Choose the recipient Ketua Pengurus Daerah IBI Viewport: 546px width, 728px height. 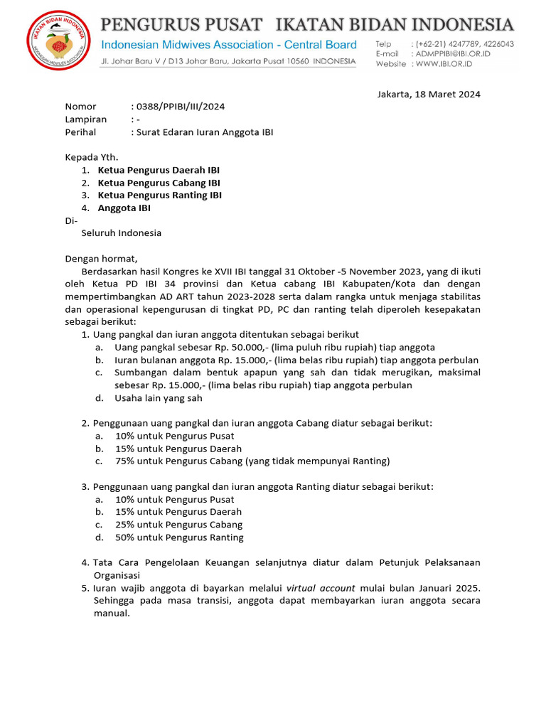point(159,170)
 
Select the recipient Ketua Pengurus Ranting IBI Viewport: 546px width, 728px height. point(160,195)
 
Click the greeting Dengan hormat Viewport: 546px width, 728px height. point(101,259)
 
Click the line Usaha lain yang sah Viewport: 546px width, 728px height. point(158,398)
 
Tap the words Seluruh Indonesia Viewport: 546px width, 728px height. point(121,233)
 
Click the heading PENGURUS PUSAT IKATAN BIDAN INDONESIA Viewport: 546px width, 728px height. point(306,25)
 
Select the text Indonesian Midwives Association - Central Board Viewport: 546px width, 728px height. point(228,45)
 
